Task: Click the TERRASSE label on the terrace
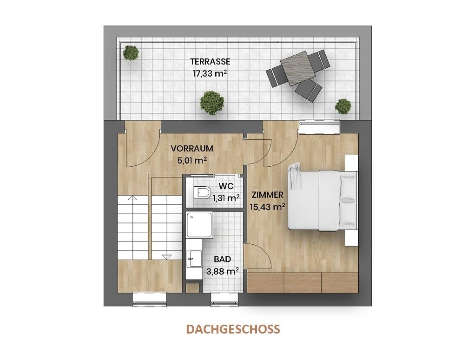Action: [x=210, y=61]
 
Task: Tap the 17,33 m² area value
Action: [x=210, y=73]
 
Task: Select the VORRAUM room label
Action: [x=191, y=149]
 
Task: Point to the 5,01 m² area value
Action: [x=191, y=160]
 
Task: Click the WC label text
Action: [x=226, y=186]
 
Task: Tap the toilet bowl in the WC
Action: [x=201, y=192]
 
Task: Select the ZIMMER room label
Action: [x=267, y=195]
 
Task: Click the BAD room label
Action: [x=222, y=259]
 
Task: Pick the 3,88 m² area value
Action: [x=226, y=270]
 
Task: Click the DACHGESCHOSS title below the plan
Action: [x=233, y=329]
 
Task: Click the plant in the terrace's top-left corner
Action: [x=131, y=52]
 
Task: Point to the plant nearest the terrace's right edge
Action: [x=343, y=106]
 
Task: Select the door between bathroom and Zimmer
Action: [x=258, y=256]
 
